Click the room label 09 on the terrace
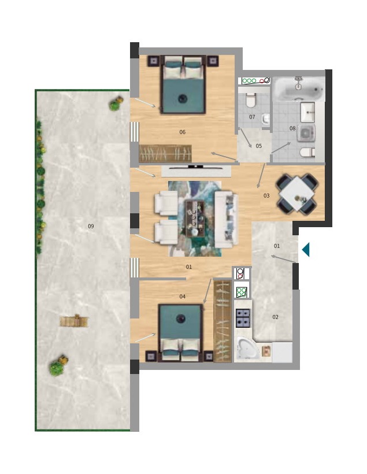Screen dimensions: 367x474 91,226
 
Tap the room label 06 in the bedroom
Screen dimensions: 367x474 182,132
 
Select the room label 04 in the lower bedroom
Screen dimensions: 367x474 182,297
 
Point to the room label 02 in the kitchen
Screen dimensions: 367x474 276,317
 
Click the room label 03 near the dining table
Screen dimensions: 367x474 266,195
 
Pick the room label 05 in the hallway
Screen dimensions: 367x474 259,146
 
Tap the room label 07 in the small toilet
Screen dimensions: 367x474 252,117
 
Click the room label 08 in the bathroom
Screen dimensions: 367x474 292,128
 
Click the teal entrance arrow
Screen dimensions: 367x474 306,250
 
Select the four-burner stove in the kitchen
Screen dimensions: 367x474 243,319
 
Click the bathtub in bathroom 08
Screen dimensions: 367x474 298,88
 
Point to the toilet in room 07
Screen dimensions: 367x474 251,101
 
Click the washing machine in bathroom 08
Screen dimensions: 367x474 306,133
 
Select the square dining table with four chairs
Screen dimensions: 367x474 298,194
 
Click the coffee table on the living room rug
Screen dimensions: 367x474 195,219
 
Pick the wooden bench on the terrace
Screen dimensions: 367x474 74,321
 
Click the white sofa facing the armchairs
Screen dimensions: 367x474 226,219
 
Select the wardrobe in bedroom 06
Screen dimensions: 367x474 165,153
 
